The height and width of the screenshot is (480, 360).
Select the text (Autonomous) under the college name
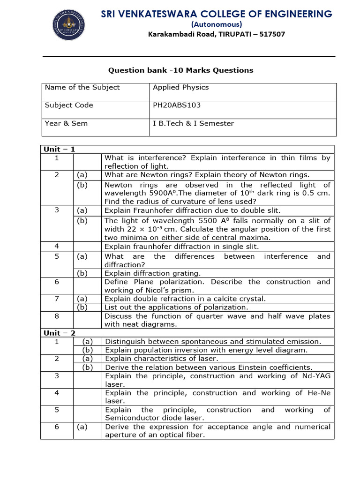point(216,24)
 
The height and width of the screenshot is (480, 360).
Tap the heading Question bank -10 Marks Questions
point(180,70)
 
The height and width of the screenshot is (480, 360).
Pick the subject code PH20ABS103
point(176,105)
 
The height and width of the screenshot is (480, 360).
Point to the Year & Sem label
point(66,124)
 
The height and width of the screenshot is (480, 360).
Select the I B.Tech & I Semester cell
point(193,124)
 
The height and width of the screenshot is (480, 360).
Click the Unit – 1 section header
point(59,150)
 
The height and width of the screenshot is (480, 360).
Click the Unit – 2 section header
point(59,333)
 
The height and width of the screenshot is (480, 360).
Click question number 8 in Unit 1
point(57,316)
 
